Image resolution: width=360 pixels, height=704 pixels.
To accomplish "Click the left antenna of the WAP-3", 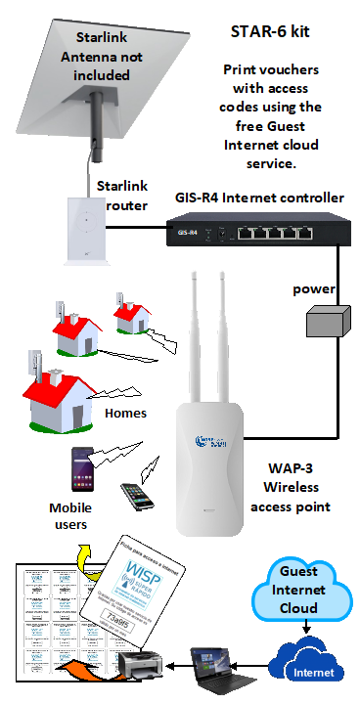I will [x=197, y=332].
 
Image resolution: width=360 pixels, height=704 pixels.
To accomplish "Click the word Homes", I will [x=124, y=413].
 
